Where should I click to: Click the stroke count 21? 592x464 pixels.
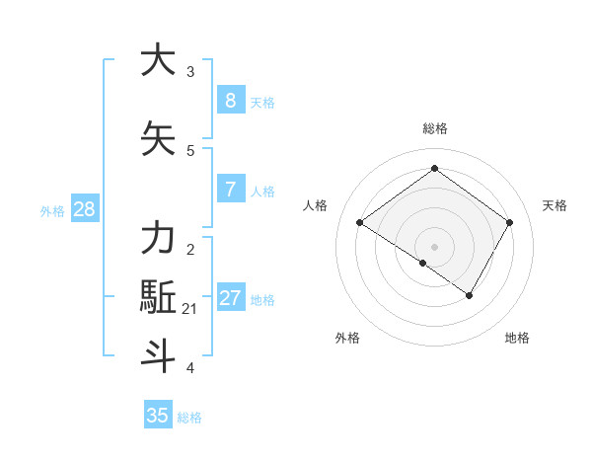189,309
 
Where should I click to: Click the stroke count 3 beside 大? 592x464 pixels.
190,72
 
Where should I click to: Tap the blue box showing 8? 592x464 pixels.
230,101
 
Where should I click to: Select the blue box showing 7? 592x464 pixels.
230,190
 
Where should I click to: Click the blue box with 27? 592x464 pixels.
230,298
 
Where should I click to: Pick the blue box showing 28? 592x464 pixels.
84,209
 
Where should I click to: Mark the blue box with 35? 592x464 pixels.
158,416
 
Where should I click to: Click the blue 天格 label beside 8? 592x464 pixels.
262,103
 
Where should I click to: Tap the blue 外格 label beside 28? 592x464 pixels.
52,211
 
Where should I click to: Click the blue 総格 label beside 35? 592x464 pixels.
189,418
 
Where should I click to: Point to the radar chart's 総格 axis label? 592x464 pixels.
434,128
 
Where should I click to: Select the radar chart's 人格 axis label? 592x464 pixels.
315,205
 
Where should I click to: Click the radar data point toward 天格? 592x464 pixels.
509,223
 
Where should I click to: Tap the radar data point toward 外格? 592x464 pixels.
423,263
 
